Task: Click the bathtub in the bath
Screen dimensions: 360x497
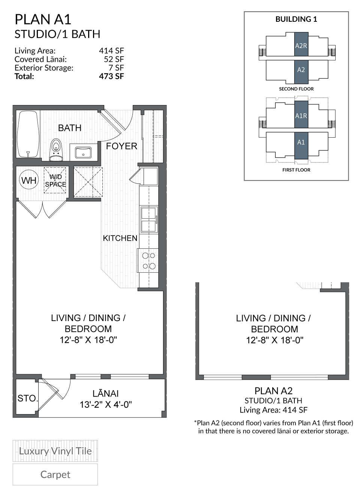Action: tap(28, 134)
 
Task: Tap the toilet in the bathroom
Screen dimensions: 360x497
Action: tap(56, 150)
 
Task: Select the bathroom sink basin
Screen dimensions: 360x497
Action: tap(83, 152)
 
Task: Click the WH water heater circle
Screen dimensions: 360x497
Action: tap(29, 180)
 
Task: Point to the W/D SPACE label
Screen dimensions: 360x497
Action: tap(55, 180)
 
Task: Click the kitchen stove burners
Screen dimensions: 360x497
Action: tap(148, 261)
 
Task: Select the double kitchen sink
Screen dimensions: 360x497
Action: tap(149, 219)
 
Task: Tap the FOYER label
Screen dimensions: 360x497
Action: tap(121, 146)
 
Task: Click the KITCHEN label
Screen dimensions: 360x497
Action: tap(120, 238)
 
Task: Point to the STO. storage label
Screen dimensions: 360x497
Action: tap(27, 398)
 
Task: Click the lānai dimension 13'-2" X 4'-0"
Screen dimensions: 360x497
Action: tap(106, 405)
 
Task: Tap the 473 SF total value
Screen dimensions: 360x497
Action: tap(111, 76)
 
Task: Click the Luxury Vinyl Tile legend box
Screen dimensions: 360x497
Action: tap(55, 451)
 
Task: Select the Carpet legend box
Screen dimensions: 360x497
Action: tap(55, 474)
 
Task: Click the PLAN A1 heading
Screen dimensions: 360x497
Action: tap(43, 19)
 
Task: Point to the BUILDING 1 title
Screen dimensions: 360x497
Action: tap(296, 19)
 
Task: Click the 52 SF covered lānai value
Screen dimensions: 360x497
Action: tap(114, 59)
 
